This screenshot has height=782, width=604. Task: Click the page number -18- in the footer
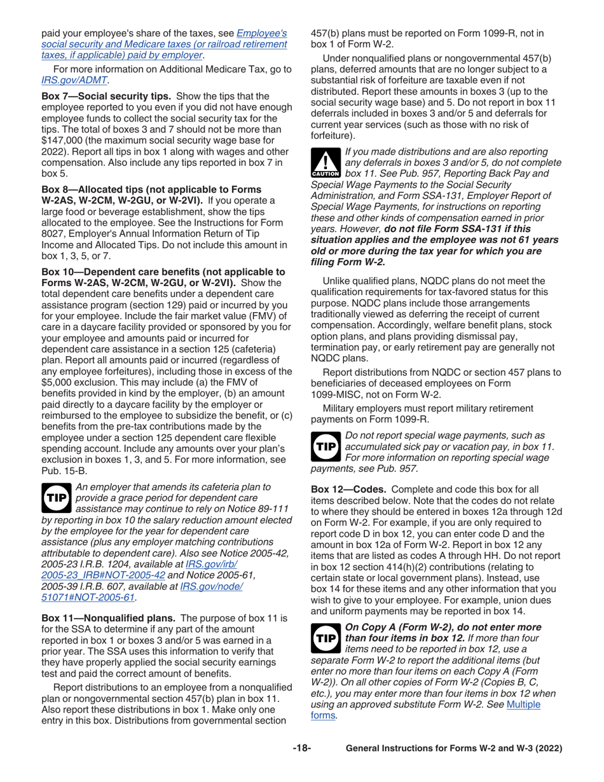click(x=302, y=749)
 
